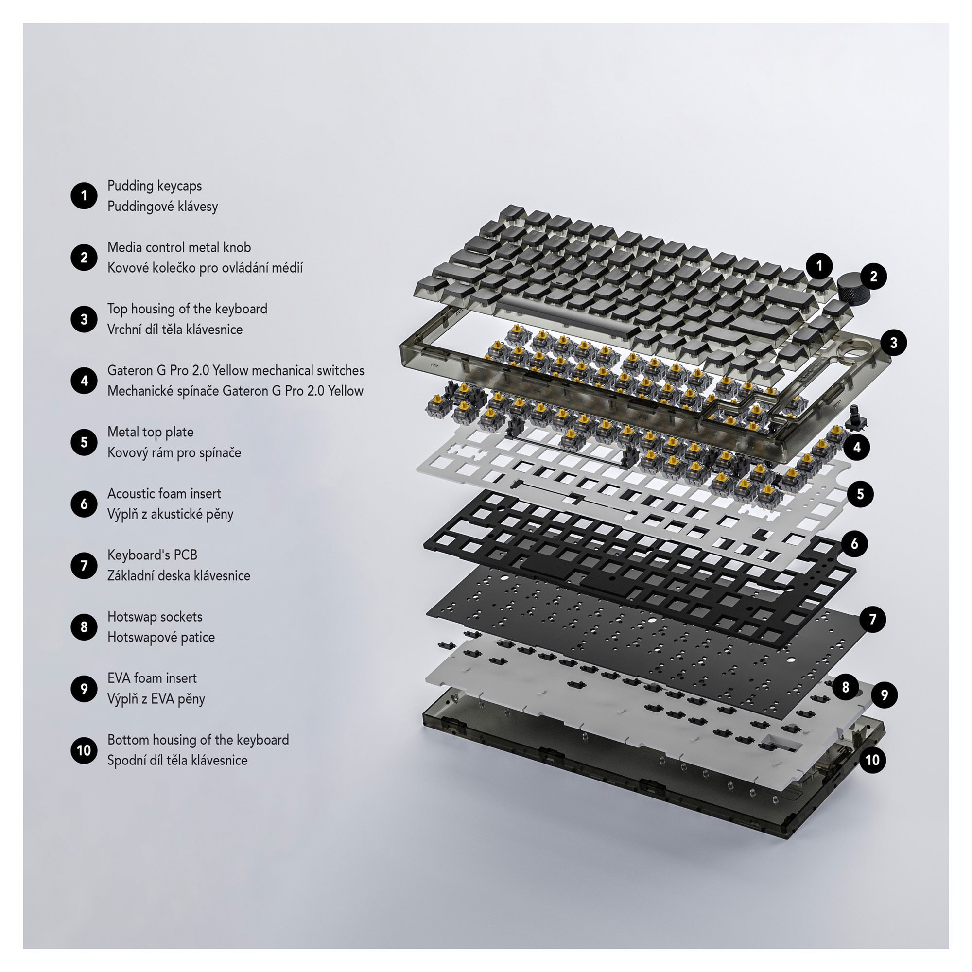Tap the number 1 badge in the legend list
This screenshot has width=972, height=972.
(x=84, y=196)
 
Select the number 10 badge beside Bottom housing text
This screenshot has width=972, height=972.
(x=84, y=750)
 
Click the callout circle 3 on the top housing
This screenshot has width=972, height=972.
(x=894, y=343)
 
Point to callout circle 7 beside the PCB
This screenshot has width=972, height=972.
(x=873, y=619)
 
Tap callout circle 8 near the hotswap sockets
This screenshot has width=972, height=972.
(x=845, y=687)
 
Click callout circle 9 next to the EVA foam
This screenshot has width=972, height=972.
(x=885, y=695)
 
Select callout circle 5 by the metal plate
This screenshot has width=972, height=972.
(x=860, y=494)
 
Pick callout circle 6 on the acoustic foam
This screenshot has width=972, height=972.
(x=854, y=543)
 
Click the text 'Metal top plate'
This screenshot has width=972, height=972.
(x=151, y=432)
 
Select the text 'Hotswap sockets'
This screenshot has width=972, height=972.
(x=155, y=617)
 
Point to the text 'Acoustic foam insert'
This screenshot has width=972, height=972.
(x=164, y=494)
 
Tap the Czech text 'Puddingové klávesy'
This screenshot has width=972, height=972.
(x=162, y=207)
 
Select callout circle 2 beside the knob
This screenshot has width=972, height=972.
(x=873, y=276)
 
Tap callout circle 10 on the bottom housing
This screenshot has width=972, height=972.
(x=872, y=760)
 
